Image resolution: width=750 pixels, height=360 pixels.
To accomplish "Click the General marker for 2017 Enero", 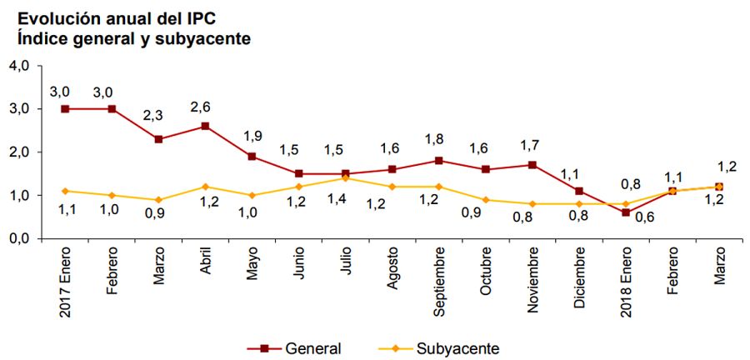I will click(x=64, y=108).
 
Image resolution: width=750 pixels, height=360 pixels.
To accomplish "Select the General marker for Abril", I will click(x=205, y=126).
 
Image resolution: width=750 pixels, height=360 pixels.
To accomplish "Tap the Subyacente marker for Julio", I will click(x=346, y=177).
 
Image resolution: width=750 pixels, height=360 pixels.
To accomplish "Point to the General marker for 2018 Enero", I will click(x=626, y=212).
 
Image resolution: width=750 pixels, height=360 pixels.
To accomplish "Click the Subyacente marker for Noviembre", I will click(x=532, y=203).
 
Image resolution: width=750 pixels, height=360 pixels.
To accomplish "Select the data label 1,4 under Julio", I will click(x=337, y=197).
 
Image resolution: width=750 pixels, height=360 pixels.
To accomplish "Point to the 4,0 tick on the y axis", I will click(x=18, y=66).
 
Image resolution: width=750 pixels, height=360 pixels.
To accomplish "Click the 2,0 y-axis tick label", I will click(x=18, y=152).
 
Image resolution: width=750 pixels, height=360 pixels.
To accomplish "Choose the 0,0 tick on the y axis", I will click(x=18, y=239).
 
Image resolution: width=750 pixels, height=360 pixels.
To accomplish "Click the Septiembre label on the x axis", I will click(x=439, y=283).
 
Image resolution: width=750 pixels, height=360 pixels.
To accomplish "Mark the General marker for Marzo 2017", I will click(x=158, y=139).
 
